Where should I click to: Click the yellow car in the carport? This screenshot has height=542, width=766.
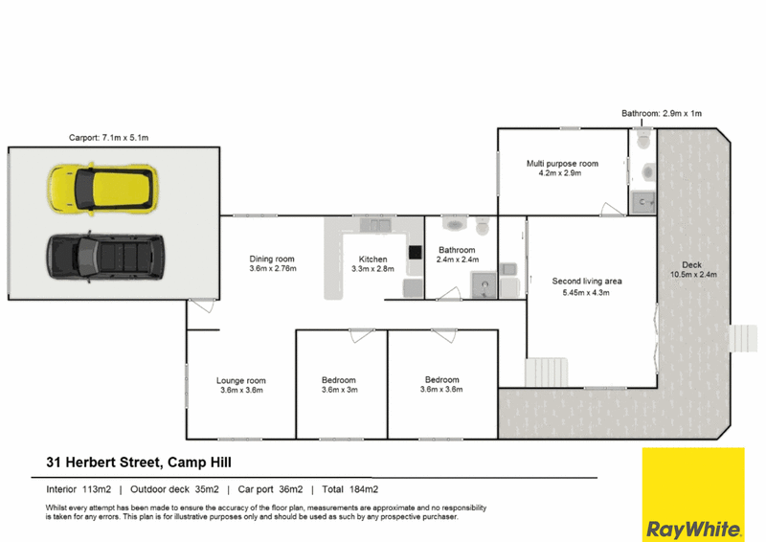point(102,189)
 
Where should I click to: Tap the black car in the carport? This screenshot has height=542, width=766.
point(105,256)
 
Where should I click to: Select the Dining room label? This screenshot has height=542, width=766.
point(273,263)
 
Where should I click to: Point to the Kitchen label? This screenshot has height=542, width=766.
point(372,264)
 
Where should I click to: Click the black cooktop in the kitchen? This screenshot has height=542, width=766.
point(416,252)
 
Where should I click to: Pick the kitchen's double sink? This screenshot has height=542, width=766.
point(375,225)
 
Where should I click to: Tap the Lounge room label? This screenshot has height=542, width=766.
point(241,385)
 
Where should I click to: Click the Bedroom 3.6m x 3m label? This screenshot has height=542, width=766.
point(340,385)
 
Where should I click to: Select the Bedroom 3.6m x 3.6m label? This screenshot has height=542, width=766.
point(441,384)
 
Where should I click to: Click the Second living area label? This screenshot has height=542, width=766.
point(587,287)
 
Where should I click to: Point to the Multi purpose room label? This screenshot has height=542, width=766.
point(562,169)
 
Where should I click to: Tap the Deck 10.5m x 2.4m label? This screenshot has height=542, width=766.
point(693,269)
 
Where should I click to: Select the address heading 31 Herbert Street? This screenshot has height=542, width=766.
point(139,463)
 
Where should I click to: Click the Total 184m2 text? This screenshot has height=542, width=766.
point(349,489)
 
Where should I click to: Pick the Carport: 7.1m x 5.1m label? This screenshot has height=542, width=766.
point(108,138)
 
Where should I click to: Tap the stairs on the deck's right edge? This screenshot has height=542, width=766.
point(743,338)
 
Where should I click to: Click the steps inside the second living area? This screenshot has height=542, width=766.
point(547,372)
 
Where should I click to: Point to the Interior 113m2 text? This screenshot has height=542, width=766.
point(79,489)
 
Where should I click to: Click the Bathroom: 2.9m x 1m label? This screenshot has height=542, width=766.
point(662,113)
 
